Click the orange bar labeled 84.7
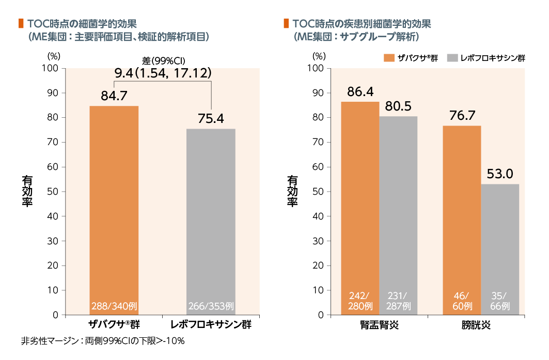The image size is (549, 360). click(x=114, y=207)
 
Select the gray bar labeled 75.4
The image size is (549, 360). click(x=211, y=217)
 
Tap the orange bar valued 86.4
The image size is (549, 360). click(x=360, y=196)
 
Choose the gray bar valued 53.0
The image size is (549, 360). click(x=500, y=238)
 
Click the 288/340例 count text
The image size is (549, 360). click(x=114, y=306)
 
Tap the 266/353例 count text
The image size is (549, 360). click(x=211, y=306)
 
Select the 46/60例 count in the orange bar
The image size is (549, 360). click(x=462, y=301)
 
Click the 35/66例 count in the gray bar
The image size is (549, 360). click(x=500, y=301)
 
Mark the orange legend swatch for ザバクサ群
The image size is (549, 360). click(x=389, y=58)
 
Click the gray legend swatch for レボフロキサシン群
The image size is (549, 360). click(x=451, y=58)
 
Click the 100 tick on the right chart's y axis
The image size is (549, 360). click(x=316, y=68)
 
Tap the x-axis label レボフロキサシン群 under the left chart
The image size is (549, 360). click(x=211, y=325)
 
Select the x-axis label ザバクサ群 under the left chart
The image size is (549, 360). click(x=114, y=325)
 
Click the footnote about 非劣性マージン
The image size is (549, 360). click(x=103, y=341)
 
